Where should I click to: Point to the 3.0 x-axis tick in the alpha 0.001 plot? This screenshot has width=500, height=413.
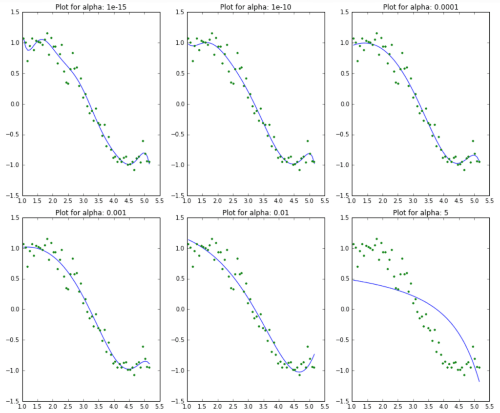click(83, 406)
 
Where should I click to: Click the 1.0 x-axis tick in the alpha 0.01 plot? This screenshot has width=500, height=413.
click(187, 406)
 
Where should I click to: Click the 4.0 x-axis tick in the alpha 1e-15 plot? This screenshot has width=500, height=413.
click(114, 200)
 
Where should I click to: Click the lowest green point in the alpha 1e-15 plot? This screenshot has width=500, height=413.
click(134, 170)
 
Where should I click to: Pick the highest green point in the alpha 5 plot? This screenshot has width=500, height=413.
click(377, 239)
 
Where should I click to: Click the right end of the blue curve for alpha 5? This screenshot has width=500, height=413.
click(479, 382)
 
